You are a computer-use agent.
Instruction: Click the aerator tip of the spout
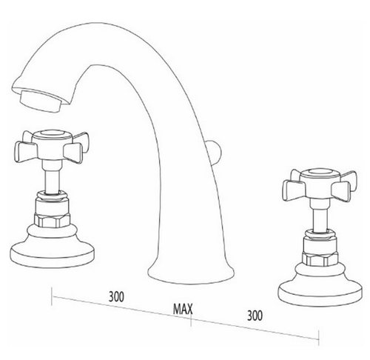click(40, 101)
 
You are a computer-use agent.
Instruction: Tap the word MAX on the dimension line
click(183, 309)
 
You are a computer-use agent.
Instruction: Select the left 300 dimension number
click(116, 296)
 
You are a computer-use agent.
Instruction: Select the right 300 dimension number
click(255, 316)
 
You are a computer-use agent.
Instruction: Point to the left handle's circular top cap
click(52, 134)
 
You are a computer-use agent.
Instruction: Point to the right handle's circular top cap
click(320, 173)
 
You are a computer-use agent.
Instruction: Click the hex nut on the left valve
click(52, 220)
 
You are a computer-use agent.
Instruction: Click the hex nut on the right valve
click(320, 259)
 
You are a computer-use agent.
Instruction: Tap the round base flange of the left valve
click(52, 255)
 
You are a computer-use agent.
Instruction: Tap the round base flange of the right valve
click(320, 293)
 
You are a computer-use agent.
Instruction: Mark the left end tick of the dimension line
click(52, 296)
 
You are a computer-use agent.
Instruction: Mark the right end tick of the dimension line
click(319, 337)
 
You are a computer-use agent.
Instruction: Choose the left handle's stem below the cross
click(52, 176)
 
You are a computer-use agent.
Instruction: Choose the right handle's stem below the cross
click(320, 215)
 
